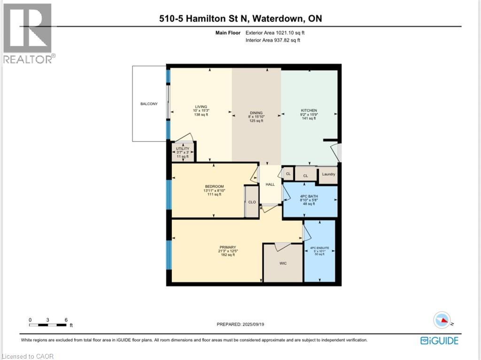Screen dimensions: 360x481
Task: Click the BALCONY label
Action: (x=148, y=104)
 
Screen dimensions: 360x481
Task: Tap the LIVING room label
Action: (x=201, y=107)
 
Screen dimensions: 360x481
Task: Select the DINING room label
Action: (x=256, y=113)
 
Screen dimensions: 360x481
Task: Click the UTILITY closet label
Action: (x=183, y=149)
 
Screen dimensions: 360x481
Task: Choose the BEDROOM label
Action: (x=214, y=186)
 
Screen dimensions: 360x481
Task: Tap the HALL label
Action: (x=270, y=184)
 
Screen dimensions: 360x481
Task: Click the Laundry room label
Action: (x=328, y=174)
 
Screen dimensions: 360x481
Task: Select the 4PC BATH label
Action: (x=310, y=196)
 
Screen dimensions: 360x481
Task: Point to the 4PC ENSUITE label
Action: (x=319, y=247)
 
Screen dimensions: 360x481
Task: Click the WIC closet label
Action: (x=282, y=263)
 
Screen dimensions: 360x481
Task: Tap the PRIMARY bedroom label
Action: (x=227, y=247)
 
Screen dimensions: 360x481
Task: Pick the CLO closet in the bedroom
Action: (x=252, y=202)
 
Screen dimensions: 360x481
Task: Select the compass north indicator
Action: (x=442, y=321)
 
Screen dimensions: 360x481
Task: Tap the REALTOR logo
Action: (x=28, y=33)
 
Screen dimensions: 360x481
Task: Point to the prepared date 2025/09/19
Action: (x=244, y=324)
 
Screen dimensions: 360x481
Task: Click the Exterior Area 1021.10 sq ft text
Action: (x=278, y=33)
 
